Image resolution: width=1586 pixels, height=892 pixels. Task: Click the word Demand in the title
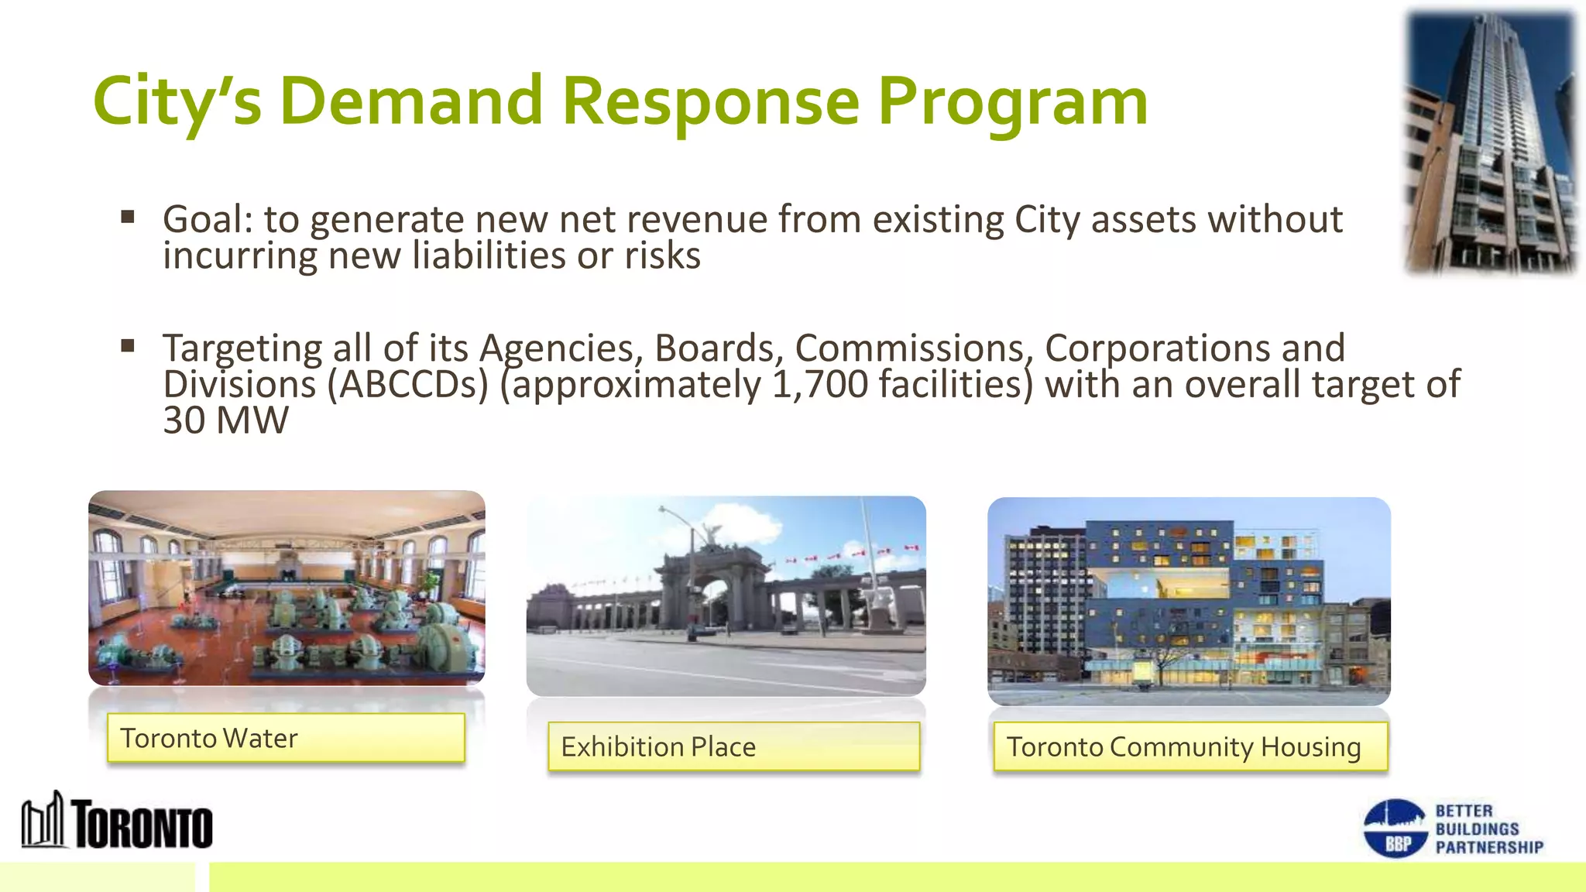click(411, 101)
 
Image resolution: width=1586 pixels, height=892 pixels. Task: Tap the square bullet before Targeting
click(128, 345)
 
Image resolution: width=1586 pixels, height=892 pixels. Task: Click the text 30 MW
click(225, 420)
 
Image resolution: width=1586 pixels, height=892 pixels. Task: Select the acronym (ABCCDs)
click(407, 385)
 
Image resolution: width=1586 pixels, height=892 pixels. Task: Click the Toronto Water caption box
click(286, 738)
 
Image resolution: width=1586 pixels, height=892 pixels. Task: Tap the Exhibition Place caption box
click(733, 746)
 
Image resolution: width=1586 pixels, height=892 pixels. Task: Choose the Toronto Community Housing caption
click(1189, 746)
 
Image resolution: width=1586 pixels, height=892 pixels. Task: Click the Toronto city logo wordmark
click(142, 825)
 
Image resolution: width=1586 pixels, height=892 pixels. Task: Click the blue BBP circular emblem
click(1395, 829)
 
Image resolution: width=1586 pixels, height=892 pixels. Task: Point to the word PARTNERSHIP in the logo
click(1489, 847)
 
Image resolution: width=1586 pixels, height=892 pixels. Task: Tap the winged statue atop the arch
click(710, 534)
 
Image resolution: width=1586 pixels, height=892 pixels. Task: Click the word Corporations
click(1155, 348)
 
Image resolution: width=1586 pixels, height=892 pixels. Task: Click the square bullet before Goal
click(128, 217)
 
